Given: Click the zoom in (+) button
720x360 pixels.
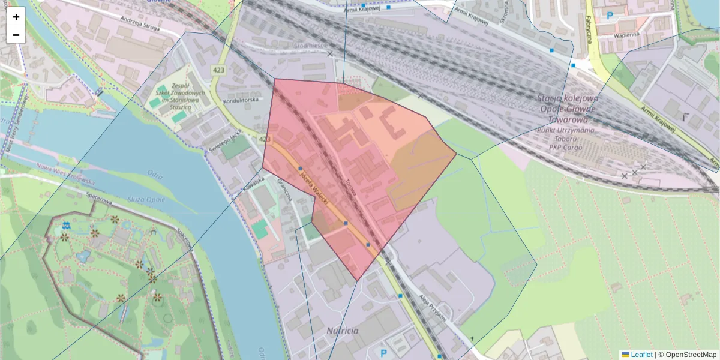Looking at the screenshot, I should tap(16, 17).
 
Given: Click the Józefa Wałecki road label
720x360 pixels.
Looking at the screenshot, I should tap(314, 187).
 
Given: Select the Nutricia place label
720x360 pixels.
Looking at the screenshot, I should tap(343, 331).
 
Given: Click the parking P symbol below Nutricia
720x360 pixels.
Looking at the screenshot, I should tap(384, 352).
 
